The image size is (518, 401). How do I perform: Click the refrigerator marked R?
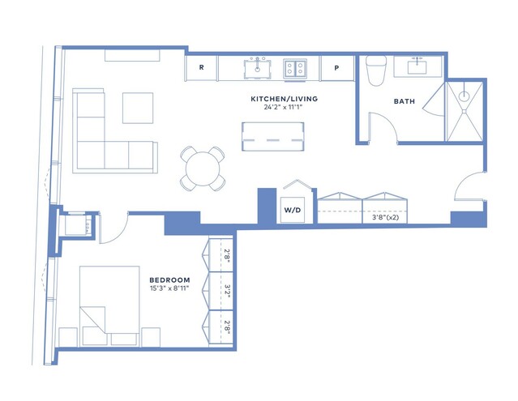click(x=201, y=68)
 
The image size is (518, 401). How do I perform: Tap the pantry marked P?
click(x=336, y=68)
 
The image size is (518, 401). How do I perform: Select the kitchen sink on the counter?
click(x=257, y=69)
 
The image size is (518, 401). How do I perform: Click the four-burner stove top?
click(x=295, y=69)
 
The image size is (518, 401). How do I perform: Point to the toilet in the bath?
click(x=376, y=70)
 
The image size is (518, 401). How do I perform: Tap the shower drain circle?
click(x=464, y=96)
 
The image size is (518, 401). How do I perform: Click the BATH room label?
click(x=404, y=101)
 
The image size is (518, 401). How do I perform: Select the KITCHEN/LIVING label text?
click(x=284, y=99)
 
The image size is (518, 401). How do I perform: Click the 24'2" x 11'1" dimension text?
click(x=284, y=107)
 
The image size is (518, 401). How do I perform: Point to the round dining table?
click(x=203, y=169)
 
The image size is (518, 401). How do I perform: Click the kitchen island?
click(x=273, y=137)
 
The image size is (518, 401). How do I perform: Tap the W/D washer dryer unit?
click(x=293, y=210)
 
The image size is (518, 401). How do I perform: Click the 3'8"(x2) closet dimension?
click(x=385, y=217)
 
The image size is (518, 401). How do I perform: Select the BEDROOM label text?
click(x=169, y=280)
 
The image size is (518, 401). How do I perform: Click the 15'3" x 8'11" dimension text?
click(x=169, y=288)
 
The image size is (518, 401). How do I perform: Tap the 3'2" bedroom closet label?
click(x=227, y=291)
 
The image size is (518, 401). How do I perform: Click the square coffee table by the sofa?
click(x=138, y=108)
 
